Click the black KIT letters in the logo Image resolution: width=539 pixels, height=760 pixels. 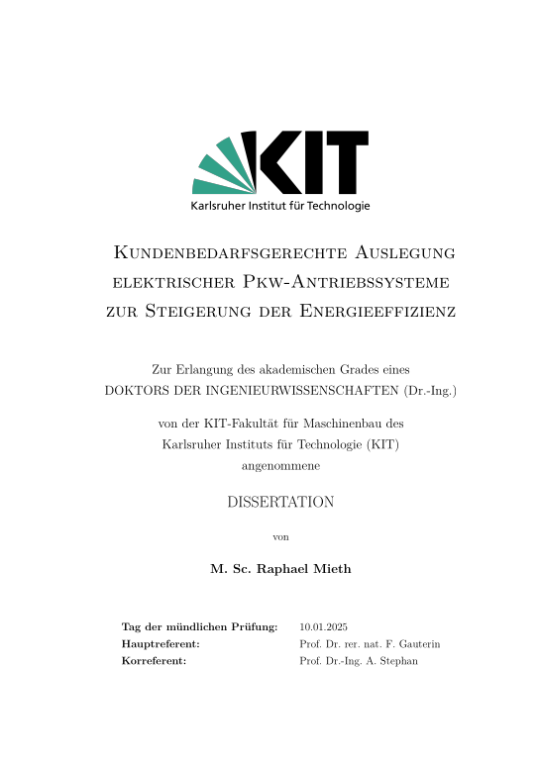coord(306,162)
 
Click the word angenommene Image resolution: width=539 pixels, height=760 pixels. coord(269,463)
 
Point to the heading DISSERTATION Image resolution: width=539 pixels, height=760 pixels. coord(280,502)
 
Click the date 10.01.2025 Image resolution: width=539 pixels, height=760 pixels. coord(323,627)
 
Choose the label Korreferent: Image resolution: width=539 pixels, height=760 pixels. coord(154,659)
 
